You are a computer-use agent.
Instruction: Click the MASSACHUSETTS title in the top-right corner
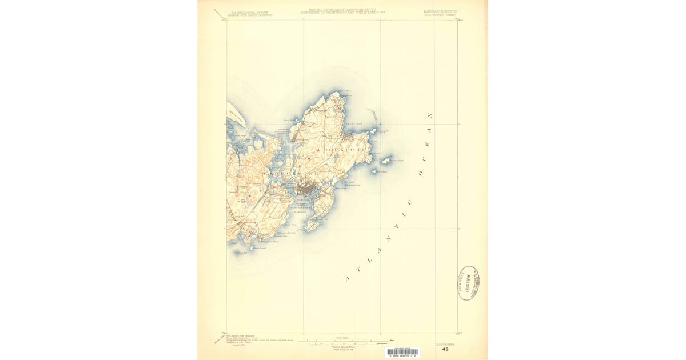(x=441, y=11)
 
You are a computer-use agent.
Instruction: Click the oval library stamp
(x=468, y=283)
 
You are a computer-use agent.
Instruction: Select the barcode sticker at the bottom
(x=402, y=353)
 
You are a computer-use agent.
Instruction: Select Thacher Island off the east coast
(x=386, y=161)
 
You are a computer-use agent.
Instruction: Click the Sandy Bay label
(x=354, y=123)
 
